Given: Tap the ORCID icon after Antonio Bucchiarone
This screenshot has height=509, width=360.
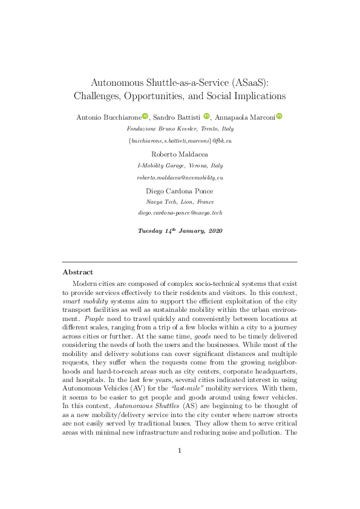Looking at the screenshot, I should click(145, 116).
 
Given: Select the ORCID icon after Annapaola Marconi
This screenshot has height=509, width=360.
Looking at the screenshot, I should click(280, 116).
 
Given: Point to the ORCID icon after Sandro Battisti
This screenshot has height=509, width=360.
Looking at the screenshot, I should click(207, 116).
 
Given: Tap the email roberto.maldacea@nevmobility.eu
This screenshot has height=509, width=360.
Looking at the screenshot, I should click(180, 178).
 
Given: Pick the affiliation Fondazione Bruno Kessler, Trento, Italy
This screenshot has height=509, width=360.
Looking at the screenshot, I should click(179, 129).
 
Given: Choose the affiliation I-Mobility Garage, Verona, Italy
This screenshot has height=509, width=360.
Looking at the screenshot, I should click(179, 166).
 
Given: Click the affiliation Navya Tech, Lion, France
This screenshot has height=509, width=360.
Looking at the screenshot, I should click(179, 203).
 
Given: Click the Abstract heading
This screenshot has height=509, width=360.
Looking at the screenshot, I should click(77, 272).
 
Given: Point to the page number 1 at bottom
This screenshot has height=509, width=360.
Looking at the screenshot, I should click(180, 468).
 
